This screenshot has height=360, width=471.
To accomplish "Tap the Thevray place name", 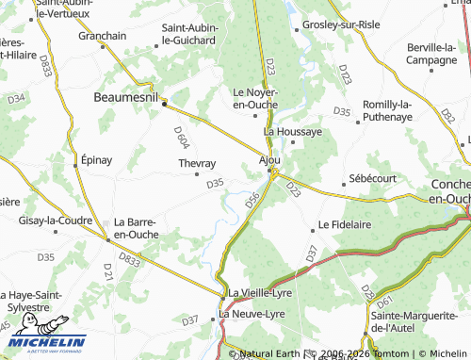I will (x=197, y=163).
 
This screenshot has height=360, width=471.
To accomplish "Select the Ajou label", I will (x=269, y=160).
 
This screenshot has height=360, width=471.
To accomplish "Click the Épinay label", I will (x=97, y=159).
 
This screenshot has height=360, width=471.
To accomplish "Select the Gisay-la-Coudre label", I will (x=55, y=221).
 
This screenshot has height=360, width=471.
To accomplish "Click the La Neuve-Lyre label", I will (x=251, y=313).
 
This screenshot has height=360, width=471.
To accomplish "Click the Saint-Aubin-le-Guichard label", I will (x=190, y=34).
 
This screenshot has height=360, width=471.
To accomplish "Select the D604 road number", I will (x=182, y=138).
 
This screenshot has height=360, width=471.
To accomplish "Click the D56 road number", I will (x=252, y=200).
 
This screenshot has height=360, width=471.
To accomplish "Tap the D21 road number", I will (x=107, y=271).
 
